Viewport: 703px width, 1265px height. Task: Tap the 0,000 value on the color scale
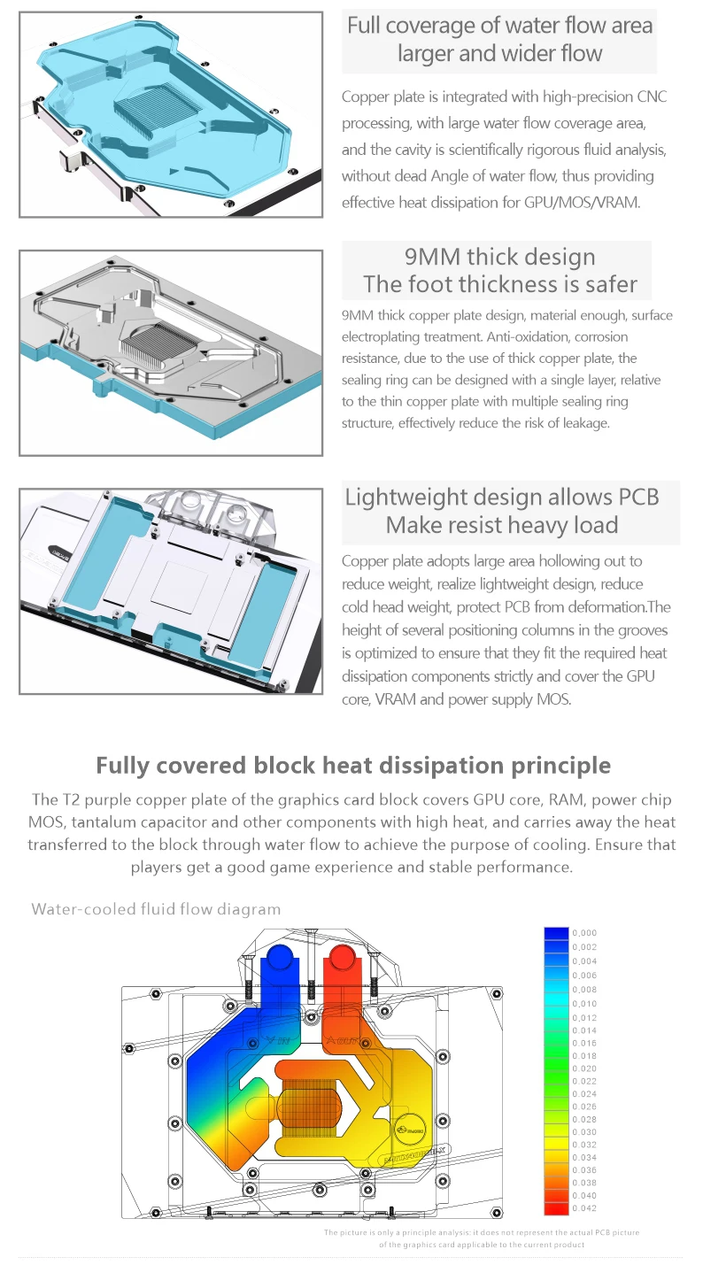(x=584, y=933)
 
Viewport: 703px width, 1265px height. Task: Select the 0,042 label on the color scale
(x=584, y=1208)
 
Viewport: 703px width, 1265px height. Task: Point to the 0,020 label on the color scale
(x=584, y=1068)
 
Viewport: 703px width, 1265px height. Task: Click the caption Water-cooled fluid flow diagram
(x=156, y=909)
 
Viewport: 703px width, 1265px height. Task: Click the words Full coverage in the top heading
(x=406, y=25)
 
